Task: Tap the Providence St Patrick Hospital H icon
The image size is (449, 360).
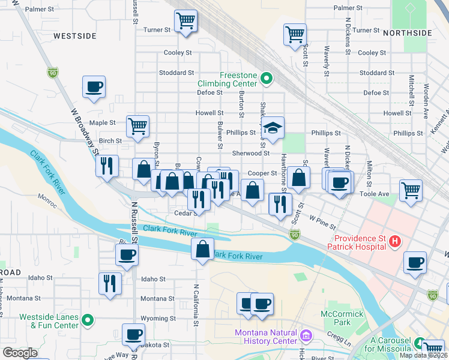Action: (395, 242)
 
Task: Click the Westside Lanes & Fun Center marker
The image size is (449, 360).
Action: (88, 319)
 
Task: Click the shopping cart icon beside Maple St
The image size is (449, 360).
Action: (137, 127)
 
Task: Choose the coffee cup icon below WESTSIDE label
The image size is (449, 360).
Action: (94, 87)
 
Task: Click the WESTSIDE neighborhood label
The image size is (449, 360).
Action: (74, 36)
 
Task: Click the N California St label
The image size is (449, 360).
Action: (196, 304)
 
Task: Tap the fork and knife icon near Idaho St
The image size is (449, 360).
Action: (110, 283)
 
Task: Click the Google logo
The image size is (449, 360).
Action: (20, 353)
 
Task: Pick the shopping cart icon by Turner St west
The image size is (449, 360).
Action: (185, 22)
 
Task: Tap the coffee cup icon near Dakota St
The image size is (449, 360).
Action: (133, 334)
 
